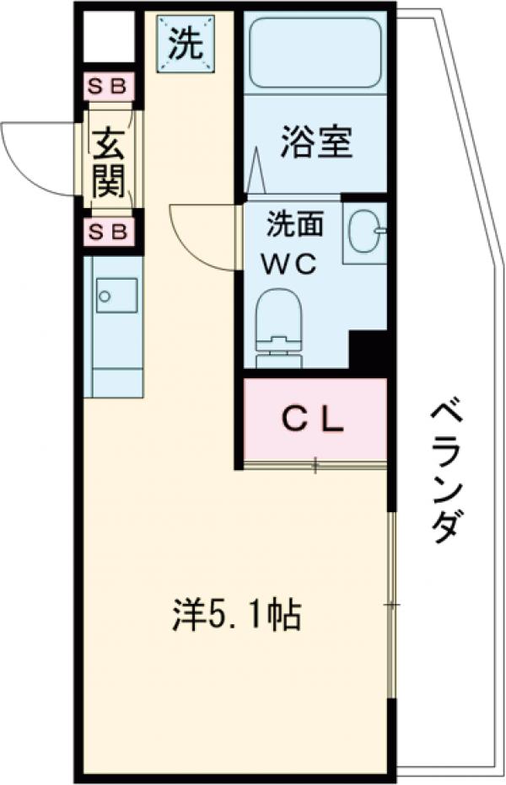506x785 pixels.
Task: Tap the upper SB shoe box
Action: coord(110,87)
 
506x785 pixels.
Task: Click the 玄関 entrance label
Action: coord(109,159)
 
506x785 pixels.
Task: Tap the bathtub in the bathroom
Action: coord(315,53)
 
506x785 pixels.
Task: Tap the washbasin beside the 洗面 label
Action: coord(365,230)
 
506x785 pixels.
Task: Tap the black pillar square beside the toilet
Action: coord(368,350)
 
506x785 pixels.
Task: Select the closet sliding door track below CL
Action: coord(315,464)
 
